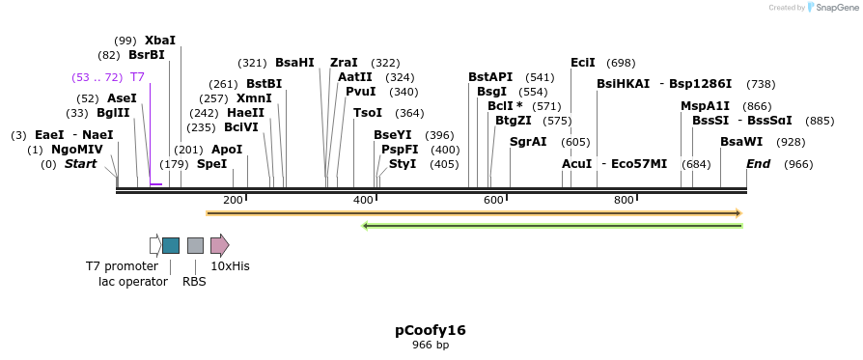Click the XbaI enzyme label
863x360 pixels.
click(x=160, y=41)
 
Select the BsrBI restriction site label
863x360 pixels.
click(x=147, y=55)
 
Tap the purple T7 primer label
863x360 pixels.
click(x=137, y=76)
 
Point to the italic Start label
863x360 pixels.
click(x=81, y=164)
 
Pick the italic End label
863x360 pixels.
click(x=758, y=164)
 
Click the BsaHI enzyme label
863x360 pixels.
click(x=294, y=62)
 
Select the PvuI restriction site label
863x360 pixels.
click(x=361, y=92)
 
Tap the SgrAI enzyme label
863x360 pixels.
click(x=528, y=141)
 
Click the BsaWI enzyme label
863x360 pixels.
click(x=741, y=141)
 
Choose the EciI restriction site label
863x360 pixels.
click(x=583, y=62)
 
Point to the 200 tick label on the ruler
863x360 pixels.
click(x=233, y=200)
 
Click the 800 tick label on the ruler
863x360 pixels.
click(x=624, y=200)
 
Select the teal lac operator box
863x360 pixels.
click(x=171, y=245)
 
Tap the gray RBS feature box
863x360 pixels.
click(x=195, y=245)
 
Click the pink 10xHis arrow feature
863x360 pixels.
click(x=219, y=245)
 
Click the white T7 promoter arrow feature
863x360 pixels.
click(x=154, y=245)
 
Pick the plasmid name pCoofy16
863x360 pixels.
click(x=431, y=330)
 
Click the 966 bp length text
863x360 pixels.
click(x=431, y=345)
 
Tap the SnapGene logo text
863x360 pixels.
click(x=835, y=7)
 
